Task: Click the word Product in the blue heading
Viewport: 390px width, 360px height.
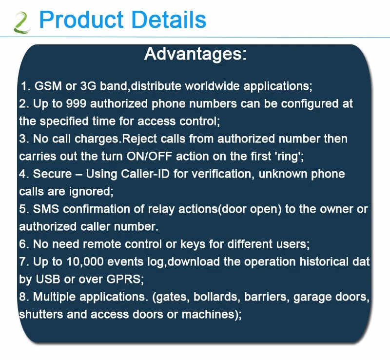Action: (x=81, y=20)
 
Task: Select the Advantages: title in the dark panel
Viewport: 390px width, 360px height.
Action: (x=195, y=54)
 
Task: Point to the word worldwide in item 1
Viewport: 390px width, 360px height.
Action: (x=212, y=86)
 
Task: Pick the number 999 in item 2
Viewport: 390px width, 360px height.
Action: (x=77, y=103)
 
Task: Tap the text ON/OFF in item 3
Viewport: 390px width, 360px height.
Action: (x=149, y=157)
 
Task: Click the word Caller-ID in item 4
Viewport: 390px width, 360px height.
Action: (x=145, y=174)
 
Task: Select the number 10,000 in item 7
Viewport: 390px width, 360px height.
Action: (x=85, y=262)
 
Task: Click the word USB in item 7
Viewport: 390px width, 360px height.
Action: (x=48, y=279)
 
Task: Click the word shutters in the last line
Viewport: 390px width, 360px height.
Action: (x=41, y=315)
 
